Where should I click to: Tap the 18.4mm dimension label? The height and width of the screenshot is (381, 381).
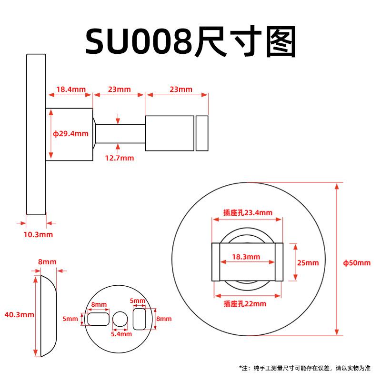coord(71,90)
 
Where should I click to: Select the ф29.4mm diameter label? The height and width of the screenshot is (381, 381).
coord(70,134)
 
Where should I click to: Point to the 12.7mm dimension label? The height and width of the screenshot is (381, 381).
coord(120,158)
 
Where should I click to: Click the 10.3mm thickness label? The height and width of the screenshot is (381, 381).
coord(38,235)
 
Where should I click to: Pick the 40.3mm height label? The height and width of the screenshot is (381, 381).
coord(19,315)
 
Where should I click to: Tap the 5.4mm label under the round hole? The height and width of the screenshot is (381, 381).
coord(121,334)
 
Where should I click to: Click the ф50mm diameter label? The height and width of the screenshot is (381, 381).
coord(357,263)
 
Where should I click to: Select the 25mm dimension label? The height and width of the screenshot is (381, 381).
coord(308,263)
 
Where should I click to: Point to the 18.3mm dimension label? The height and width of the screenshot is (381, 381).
coord(246,257)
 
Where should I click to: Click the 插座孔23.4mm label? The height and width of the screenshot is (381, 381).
coord(248,213)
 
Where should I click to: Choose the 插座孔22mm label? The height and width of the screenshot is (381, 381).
coord(245,304)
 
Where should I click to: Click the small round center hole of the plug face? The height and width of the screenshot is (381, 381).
coord(120,319)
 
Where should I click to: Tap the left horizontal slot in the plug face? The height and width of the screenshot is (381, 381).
coord(98,319)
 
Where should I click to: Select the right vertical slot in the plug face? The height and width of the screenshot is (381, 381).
coord(140,319)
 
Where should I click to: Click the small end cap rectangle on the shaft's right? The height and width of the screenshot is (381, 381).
coord(202,133)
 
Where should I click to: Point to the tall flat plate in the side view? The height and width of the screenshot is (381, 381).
coord(36,135)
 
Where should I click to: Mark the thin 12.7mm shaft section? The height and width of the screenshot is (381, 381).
coord(120,134)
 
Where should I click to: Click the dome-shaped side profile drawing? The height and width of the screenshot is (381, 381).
coord(49,316)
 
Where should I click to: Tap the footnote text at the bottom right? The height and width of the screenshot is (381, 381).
coord(305,368)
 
